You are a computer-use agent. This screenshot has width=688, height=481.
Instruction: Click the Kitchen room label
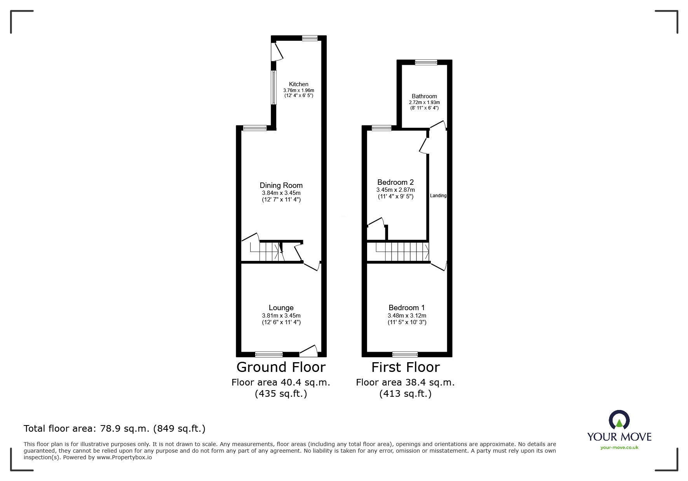tap(298, 84)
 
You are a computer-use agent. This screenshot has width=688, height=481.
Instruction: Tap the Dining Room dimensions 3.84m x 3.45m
tap(281, 193)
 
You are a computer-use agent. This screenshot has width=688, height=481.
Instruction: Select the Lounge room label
tap(281, 308)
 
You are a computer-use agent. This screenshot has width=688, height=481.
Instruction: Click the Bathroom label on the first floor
tap(424, 96)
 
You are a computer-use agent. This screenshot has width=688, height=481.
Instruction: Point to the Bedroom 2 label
tap(395, 182)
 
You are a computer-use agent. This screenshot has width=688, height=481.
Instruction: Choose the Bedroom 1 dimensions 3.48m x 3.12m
tap(407, 316)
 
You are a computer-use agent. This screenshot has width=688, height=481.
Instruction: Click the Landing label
tap(438, 196)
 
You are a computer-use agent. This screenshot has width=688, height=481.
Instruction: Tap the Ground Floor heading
tap(281, 367)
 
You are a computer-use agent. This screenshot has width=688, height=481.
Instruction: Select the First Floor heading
tap(405, 367)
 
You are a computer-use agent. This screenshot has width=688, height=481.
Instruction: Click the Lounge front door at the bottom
tap(309, 352)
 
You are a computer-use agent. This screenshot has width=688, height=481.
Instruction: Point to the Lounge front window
tap(269, 354)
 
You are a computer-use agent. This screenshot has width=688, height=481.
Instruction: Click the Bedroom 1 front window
tap(405, 354)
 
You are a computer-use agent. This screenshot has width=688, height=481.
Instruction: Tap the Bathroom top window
tap(426, 62)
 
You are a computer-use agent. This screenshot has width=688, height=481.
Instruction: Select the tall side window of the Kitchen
tap(273, 87)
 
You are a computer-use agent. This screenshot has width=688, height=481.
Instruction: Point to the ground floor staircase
tap(268, 251)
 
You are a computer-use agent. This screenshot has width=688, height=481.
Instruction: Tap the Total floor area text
tap(115, 429)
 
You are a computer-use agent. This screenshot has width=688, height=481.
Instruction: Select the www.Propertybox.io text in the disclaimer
tap(124, 457)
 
